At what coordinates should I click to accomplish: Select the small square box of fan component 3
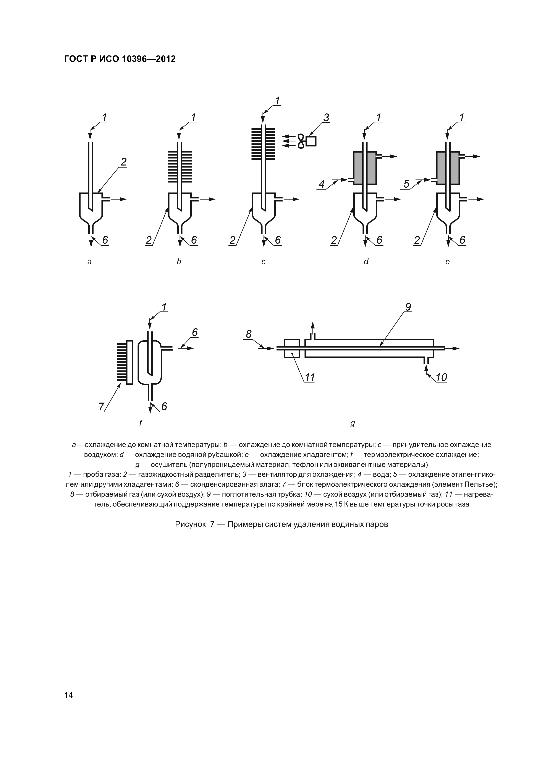[x=311, y=141]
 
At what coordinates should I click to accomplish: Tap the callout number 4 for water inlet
[x=322, y=184]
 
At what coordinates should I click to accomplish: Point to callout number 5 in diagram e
[x=406, y=184]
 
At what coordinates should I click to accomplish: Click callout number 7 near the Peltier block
[x=102, y=406]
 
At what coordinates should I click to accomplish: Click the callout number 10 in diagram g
[x=441, y=377]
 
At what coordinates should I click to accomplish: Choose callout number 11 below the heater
[x=309, y=377]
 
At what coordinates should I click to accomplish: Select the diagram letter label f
[x=141, y=423]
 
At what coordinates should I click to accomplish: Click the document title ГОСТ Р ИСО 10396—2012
[x=120, y=59]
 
